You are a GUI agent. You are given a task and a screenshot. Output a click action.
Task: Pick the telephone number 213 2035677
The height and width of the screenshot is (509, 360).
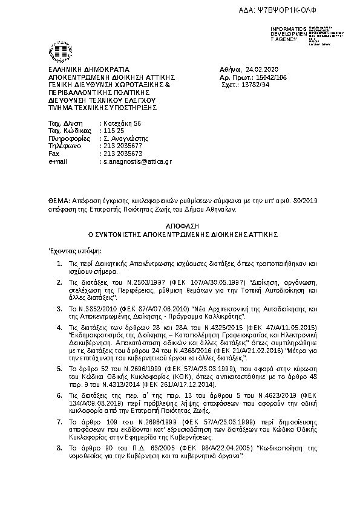click(x=123, y=146)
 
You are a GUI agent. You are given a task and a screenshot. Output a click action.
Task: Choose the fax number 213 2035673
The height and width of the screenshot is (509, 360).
click(x=123, y=154)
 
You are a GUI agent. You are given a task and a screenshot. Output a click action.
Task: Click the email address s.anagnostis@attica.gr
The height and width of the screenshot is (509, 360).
click(x=137, y=162)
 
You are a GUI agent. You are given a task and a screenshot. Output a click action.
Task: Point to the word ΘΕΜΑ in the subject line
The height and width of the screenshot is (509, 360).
click(x=58, y=199)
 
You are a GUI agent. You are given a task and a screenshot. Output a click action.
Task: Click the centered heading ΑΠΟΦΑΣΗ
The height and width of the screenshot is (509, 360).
click(x=180, y=224)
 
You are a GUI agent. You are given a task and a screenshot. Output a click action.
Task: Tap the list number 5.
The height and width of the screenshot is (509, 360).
click(x=58, y=352)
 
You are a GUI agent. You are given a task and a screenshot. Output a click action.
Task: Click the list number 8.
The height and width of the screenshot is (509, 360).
click(x=58, y=448)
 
